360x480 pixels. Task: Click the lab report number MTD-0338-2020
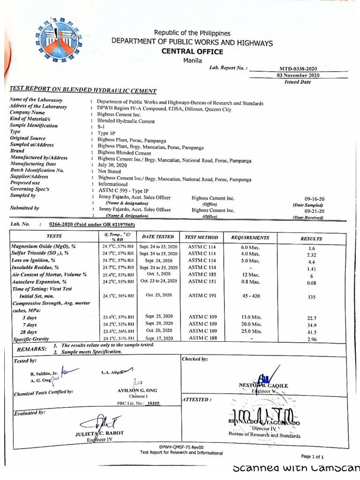click(x=298, y=68)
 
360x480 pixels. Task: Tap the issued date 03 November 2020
click(x=298, y=75)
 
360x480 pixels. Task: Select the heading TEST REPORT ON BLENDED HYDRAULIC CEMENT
click(x=83, y=90)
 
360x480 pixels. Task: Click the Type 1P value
click(x=106, y=133)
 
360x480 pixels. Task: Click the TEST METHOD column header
click(x=202, y=238)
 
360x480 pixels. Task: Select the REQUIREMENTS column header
click(x=250, y=238)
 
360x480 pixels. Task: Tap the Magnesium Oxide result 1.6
click(x=311, y=248)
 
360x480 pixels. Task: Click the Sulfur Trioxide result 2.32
click(x=311, y=255)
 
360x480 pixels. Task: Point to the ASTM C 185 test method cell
click(x=202, y=274)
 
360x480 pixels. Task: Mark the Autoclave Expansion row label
click(x=39, y=282)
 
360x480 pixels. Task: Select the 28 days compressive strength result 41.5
click(x=311, y=332)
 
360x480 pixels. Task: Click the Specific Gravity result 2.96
click(x=311, y=339)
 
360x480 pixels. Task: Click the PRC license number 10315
click(x=153, y=403)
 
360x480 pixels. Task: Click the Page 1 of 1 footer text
click(x=312, y=457)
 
